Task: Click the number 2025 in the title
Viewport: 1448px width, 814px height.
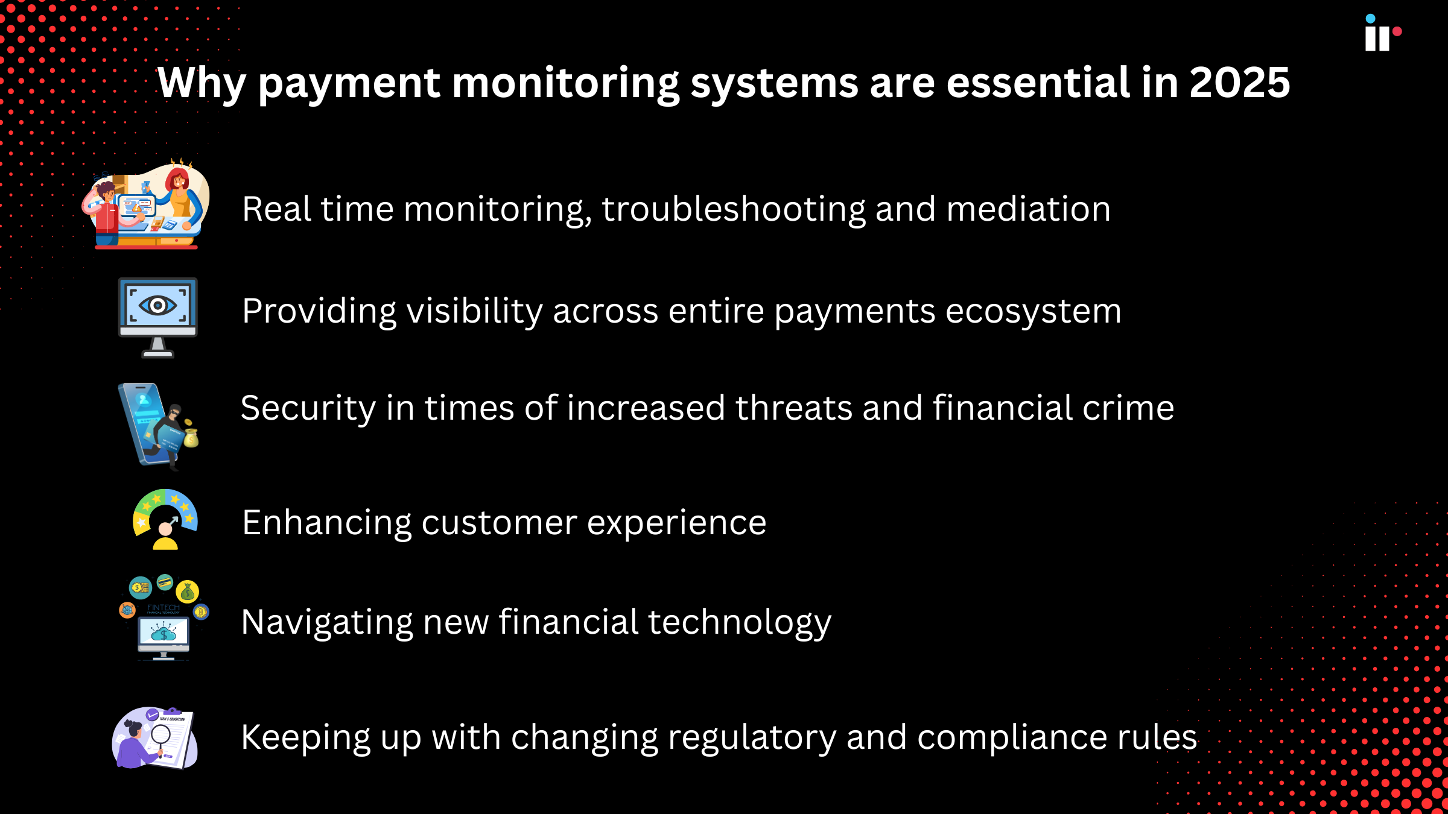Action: tap(1239, 83)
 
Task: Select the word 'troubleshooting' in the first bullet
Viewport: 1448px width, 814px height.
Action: tap(733, 210)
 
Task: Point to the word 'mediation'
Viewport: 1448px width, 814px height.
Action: tap(1028, 209)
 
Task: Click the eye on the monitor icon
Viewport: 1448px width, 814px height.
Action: tap(157, 305)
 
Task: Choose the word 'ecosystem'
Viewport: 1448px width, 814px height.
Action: tap(1033, 312)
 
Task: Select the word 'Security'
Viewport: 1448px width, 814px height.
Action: tap(308, 408)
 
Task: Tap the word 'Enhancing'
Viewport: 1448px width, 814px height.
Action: tap(326, 523)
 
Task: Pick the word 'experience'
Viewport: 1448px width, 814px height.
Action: tap(676, 523)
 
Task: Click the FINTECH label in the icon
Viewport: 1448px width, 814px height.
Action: tap(164, 608)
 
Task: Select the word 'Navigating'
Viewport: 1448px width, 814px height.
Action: tap(326, 623)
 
